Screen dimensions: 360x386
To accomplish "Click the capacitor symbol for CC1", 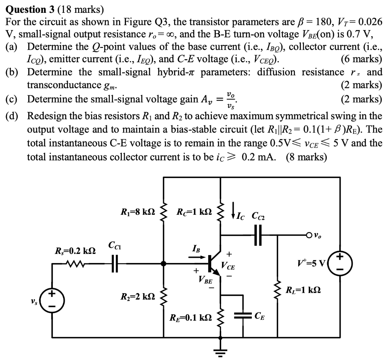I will [x=115, y=263].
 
